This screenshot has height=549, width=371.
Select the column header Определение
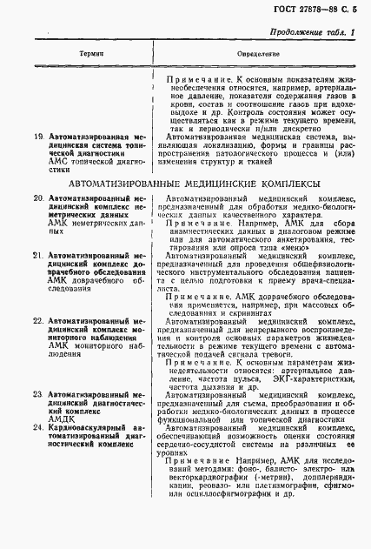pos(255,54)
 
